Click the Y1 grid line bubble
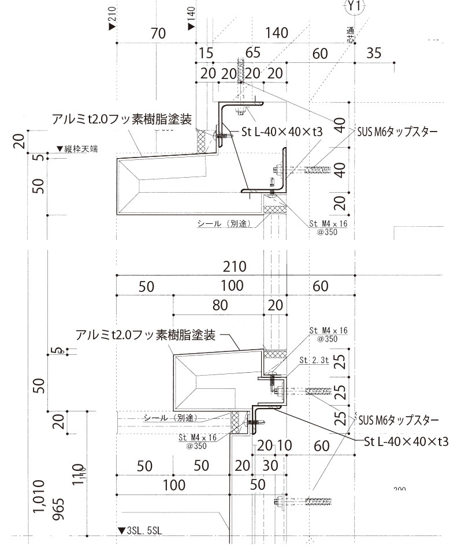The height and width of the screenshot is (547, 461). pos(353,7)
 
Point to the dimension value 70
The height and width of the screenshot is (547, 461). pos(158,33)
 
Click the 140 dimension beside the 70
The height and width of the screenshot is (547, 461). pos(277,33)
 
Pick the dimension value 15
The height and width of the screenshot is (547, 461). pos(206,54)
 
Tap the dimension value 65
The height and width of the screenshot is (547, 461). pos(252,54)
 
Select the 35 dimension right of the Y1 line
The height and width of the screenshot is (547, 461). pos(374,54)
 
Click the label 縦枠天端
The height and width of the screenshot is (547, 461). pos(80,149)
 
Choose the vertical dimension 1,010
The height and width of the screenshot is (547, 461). pos(39,496)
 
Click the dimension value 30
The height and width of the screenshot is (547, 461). pos(270,465)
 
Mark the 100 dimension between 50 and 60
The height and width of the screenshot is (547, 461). pos(232,286)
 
